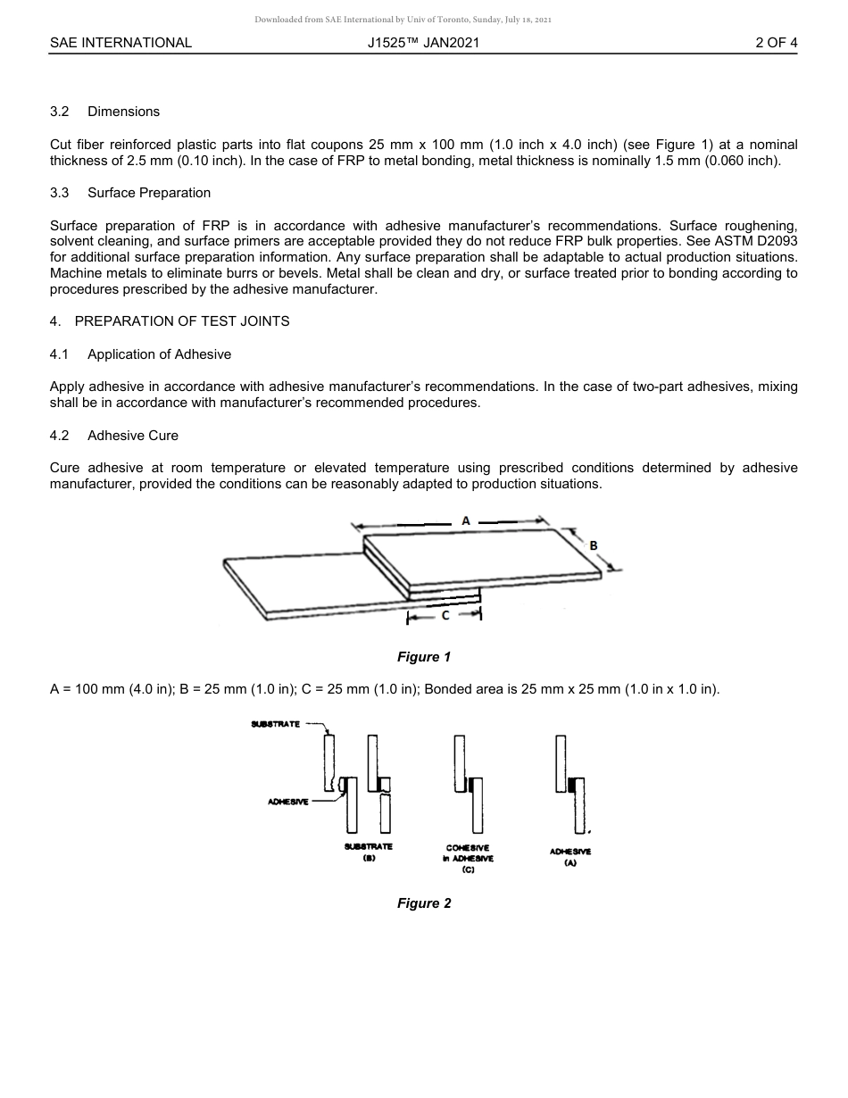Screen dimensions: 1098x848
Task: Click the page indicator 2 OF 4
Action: tap(775, 42)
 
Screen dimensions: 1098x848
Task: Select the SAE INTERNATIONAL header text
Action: tap(121, 42)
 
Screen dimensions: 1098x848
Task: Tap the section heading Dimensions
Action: tap(123, 112)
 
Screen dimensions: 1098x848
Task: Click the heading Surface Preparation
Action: tap(149, 193)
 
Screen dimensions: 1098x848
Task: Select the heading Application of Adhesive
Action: tap(159, 354)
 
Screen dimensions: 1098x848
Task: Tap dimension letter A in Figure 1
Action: tap(466, 520)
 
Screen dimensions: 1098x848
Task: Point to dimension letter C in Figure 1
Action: tap(445, 615)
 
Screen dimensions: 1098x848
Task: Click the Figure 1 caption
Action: tap(424, 657)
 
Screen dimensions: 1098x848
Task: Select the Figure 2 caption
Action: tap(424, 903)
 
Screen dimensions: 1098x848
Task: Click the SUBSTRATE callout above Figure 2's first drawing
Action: tap(275, 724)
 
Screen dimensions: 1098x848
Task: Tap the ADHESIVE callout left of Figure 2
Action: tap(288, 802)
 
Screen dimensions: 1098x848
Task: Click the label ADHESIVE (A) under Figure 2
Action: tap(570, 857)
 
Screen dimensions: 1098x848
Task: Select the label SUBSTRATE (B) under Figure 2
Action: tap(368, 852)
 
